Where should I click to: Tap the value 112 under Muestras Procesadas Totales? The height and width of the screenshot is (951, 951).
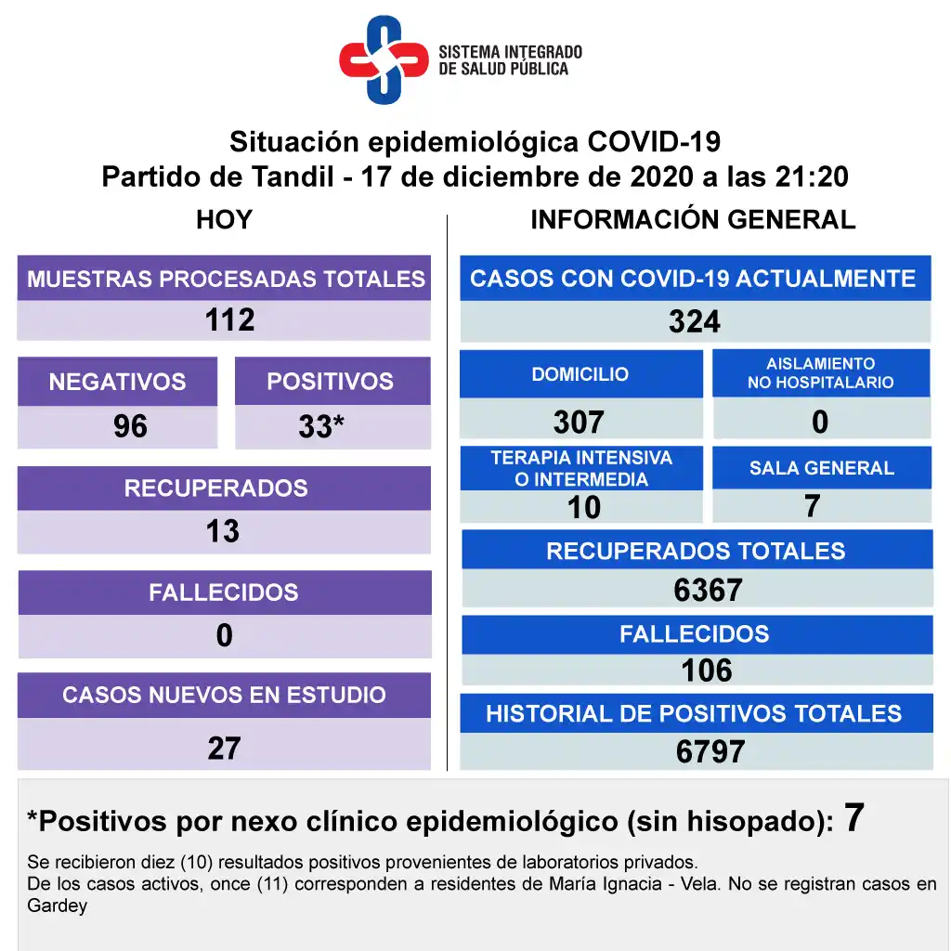[229, 320]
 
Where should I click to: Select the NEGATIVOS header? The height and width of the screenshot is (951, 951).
[117, 382]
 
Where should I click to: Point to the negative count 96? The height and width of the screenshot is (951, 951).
[130, 426]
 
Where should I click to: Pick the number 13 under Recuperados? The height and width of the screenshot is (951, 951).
[223, 531]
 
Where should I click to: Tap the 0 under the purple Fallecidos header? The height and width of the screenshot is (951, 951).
[224, 636]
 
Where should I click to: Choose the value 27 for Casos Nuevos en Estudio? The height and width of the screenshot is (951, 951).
[224, 748]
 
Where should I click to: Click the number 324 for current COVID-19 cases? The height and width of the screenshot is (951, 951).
[695, 322]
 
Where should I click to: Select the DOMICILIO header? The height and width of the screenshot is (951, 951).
[580, 374]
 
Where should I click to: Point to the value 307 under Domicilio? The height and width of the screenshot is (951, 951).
[579, 423]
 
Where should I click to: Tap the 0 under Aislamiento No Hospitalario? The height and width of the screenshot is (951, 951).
[820, 423]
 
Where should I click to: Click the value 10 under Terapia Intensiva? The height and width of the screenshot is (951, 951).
[584, 507]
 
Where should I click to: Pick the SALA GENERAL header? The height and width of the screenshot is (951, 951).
[822, 468]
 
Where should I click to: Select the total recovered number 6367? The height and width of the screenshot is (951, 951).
[708, 590]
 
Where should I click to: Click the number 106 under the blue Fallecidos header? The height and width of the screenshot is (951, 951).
[707, 671]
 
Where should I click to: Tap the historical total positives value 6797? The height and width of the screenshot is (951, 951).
[710, 752]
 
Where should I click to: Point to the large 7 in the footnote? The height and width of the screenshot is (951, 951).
[854, 818]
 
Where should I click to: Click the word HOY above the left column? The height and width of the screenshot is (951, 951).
[224, 220]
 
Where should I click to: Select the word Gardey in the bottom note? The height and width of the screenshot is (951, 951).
[58, 905]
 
